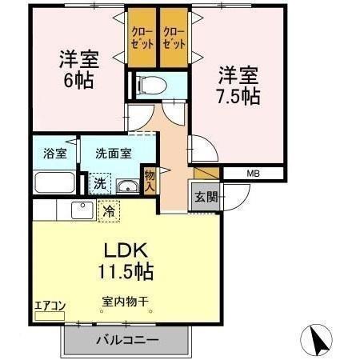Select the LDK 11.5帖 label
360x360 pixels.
(126, 260)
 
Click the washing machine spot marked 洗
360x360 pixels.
(98, 183)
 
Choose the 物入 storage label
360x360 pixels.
(150, 181)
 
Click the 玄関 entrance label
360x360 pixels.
(205, 198)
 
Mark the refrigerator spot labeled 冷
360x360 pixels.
(108, 211)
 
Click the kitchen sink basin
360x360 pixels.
(81, 210)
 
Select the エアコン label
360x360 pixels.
(49, 305)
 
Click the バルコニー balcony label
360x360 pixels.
(127, 339)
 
